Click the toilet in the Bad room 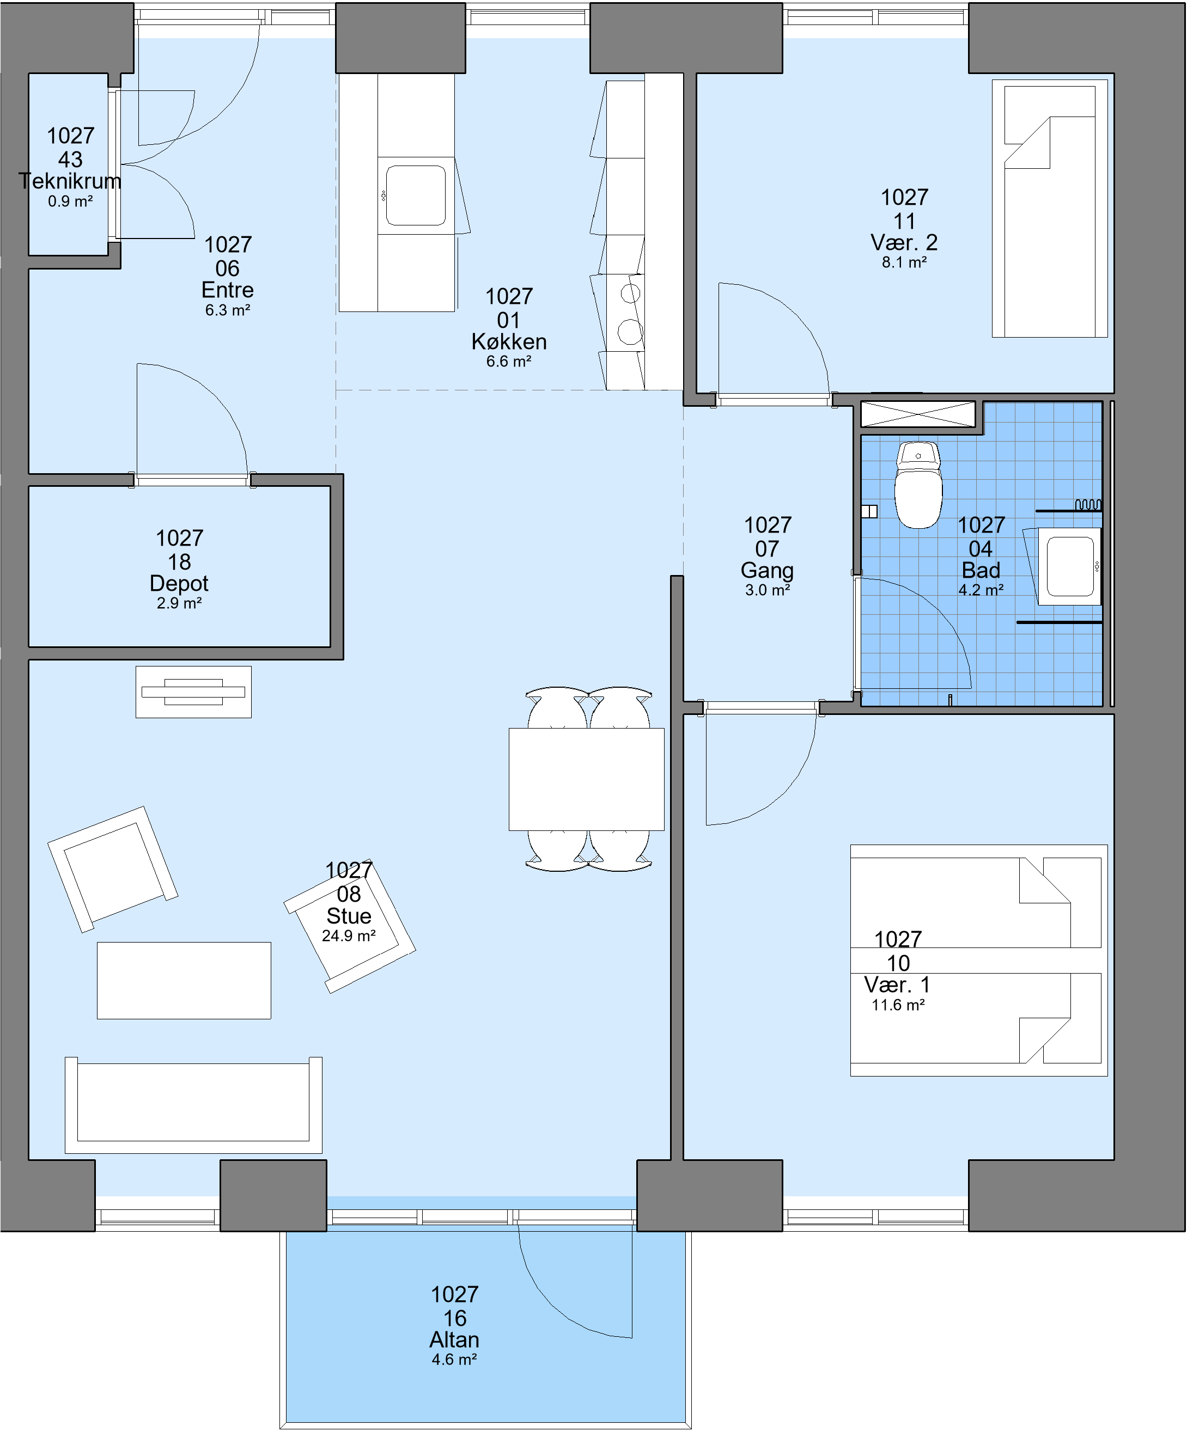pos(918,485)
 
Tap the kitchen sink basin pos(416,195)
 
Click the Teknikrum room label pos(70,181)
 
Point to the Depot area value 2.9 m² pos(179,603)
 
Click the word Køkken pos(509,341)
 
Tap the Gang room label pos(767,570)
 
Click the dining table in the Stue pos(586,779)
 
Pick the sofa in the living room pos(193,1105)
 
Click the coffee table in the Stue pos(184,981)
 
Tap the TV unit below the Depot pos(193,692)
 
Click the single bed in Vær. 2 pos(1050,209)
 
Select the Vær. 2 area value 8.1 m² pos(904,262)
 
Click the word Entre pos(228,290)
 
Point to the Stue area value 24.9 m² pos(349,936)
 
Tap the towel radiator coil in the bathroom pos(1088,505)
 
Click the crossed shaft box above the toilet pos(918,414)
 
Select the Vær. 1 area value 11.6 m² pos(898,1005)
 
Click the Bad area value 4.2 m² pos(981,590)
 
